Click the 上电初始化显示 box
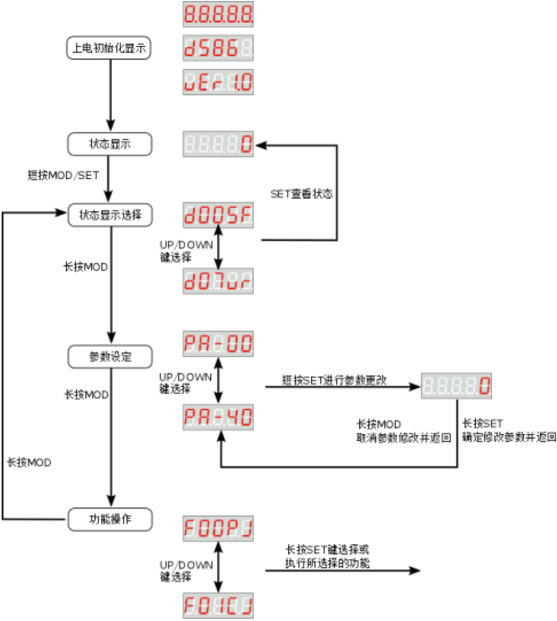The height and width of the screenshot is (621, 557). point(110,48)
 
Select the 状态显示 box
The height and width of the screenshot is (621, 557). point(110,144)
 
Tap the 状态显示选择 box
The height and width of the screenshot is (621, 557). point(110,214)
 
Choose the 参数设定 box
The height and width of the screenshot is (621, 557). point(110,356)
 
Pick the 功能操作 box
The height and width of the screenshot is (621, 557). point(110,519)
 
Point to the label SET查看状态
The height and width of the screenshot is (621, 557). point(301,194)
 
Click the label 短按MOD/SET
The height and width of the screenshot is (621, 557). point(63,175)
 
